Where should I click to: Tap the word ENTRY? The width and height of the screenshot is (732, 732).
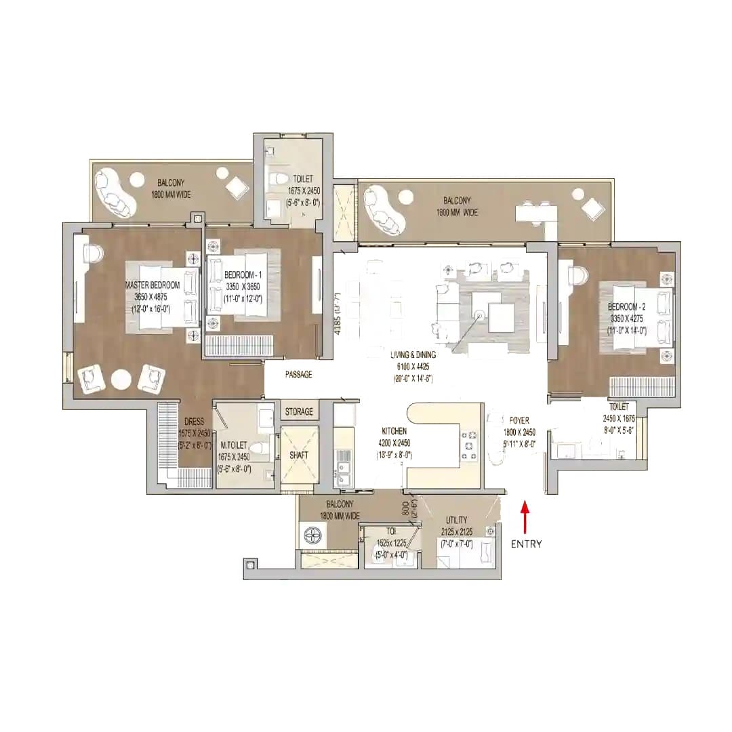coord(526,544)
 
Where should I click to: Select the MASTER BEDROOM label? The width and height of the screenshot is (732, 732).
coord(152,285)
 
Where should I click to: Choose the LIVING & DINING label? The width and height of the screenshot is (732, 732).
coord(413,354)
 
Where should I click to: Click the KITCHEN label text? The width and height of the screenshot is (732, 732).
coord(394,431)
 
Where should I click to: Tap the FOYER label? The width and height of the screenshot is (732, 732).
coord(519,420)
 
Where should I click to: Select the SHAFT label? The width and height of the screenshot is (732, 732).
coord(298,455)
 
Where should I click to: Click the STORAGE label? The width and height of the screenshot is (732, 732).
coord(299,411)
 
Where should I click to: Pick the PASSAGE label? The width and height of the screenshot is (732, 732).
coord(298,374)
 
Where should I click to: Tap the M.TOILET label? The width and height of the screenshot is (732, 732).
coord(235,445)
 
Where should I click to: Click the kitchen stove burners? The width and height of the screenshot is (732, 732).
coord(468,445)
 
